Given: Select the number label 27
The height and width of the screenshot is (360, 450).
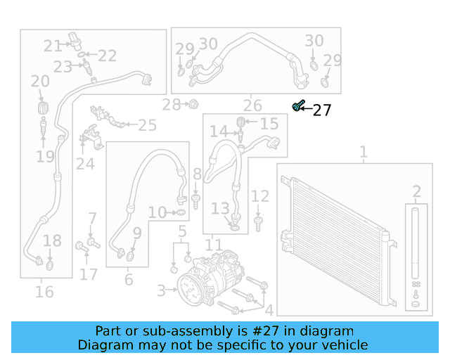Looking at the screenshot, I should [321, 110].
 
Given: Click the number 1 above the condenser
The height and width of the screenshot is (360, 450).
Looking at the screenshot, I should [364, 152].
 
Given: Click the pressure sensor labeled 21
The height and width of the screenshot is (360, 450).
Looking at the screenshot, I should [75, 41].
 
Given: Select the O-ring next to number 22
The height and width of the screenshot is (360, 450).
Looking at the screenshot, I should [82, 56].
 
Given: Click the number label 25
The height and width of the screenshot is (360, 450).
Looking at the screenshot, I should [147, 126].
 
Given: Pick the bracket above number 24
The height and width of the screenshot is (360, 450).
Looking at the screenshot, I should [89, 136].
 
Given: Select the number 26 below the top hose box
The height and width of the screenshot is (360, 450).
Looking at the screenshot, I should [252, 106].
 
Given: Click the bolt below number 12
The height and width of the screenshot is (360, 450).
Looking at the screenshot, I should [259, 224].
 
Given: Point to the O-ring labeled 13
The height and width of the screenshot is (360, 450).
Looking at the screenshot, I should [234, 225].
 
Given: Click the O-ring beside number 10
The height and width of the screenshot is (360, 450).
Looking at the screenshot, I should [180, 212].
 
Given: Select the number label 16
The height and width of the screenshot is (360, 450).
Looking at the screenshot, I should [44, 291].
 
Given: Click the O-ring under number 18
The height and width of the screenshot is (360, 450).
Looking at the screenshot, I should [50, 266].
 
